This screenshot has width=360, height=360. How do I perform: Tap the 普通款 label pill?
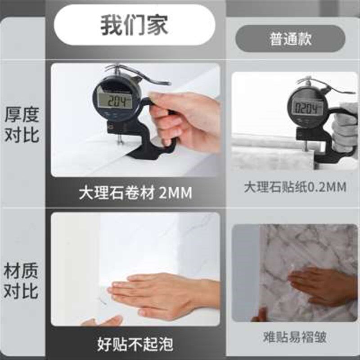290,39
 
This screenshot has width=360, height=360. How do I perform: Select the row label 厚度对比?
22,125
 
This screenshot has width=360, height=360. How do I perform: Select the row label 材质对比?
22,281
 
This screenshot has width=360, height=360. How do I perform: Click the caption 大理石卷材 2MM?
135,193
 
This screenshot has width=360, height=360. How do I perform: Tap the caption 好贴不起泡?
135,344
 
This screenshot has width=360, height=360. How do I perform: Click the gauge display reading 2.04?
115,101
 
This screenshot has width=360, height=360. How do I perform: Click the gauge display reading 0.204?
309,108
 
